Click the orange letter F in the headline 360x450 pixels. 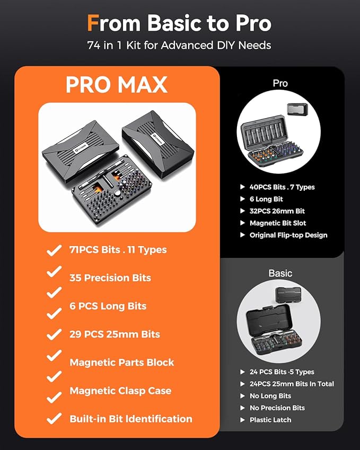point(93,23)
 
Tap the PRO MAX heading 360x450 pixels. point(117,85)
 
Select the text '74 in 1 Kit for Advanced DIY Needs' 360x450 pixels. point(179,46)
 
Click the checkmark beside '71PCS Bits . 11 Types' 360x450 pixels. point(54,250)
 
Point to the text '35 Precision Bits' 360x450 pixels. point(110,278)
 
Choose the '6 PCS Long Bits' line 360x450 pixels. point(108,306)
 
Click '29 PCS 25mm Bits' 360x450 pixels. point(115,334)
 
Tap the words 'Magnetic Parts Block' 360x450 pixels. point(122,362)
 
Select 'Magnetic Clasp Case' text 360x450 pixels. point(120,391)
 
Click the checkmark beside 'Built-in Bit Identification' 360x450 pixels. point(54,418)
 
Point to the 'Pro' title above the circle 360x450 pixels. point(280,83)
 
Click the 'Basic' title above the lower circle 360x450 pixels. point(280,273)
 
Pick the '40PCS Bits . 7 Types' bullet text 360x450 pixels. point(282,187)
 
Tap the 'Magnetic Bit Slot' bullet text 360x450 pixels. point(278,223)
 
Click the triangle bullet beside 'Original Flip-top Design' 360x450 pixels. point(243,235)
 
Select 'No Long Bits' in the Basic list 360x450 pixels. point(270,396)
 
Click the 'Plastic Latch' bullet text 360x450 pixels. point(270,420)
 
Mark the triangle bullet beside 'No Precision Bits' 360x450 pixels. point(243,408)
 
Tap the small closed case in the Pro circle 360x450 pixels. point(298,110)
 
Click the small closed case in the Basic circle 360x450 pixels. point(288,295)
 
